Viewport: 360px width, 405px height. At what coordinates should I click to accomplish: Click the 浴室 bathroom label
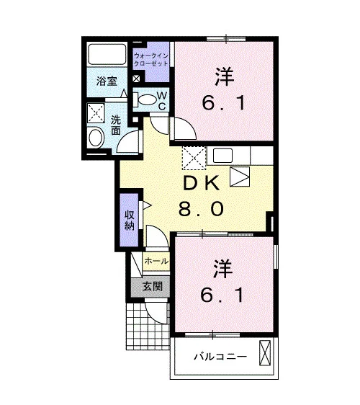pyautogui.click(x=107, y=81)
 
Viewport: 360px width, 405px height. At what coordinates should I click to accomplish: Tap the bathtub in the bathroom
pyautogui.click(x=107, y=54)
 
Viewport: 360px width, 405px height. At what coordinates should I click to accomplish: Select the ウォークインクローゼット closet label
pyautogui.click(x=151, y=60)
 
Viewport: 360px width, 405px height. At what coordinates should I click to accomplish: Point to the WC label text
pyautogui.click(x=162, y=101)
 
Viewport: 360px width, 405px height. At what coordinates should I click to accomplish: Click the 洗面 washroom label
pyautogui.click(x=116, y=125)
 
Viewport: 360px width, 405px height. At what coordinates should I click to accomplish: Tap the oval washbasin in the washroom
pyautogui.click(x=96, y=138)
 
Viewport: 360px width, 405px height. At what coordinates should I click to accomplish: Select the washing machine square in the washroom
pyautogui.click(x=96, y=113)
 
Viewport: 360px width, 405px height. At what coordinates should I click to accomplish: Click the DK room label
pyautogui.click(x=202, y=183)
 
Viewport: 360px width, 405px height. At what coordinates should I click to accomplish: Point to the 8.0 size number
pyautogui.click(x=202, y=209)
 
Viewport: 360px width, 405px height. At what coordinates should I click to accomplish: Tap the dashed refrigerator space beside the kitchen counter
pyautogui.click(x=194, y=158)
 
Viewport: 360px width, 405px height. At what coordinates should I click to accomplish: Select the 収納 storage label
pyautogui.click(x=130, y=221)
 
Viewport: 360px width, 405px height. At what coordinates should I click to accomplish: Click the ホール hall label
pyautogui.click(x=156, y=261)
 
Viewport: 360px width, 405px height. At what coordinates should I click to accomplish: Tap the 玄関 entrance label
pyautogui.click(x=153, y=286)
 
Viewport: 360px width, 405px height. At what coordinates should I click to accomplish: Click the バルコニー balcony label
pyautogui.click(x=220, y=357)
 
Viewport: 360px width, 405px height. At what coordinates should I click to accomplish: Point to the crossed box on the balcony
pyautogui.click(x=265, y=353)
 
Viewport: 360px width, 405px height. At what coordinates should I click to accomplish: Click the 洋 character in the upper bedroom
pyautogui.click(x=224, y=76)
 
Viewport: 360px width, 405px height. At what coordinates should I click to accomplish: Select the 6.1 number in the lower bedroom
pyautogui.click(x=222, y=295)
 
